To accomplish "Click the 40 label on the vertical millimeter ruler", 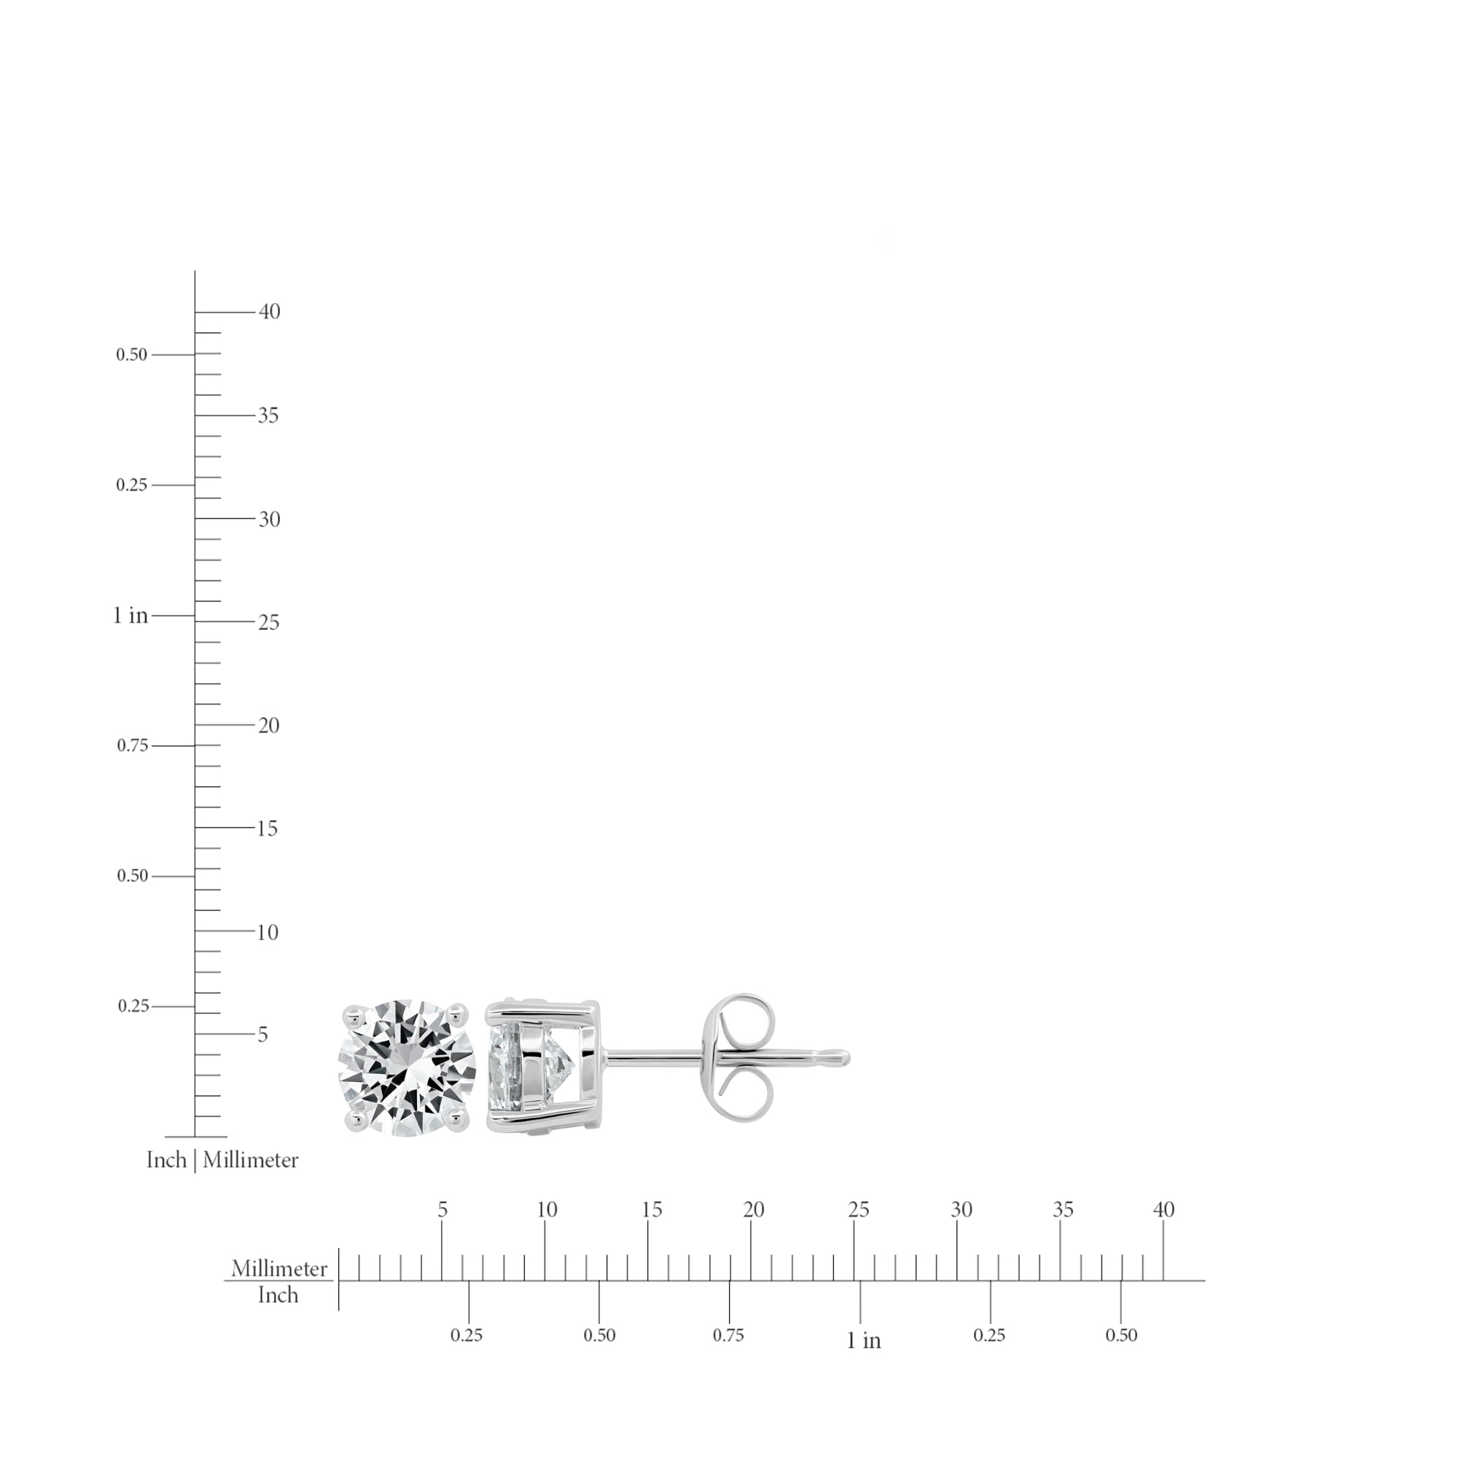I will point(270,312).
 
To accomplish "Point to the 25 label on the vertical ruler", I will point(269,623).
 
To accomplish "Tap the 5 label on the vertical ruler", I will point(262,1034).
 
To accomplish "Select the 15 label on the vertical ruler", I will point(267,829).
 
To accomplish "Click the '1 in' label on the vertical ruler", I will point(130,616).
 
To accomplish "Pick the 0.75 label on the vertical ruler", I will point(133,746).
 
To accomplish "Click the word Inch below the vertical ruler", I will point(166,1160).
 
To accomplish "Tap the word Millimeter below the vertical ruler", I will point(251,1160).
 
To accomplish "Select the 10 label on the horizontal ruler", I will point(547,1210).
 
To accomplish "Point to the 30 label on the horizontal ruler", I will point(962,1210).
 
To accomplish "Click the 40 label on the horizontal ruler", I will point(1163,1210).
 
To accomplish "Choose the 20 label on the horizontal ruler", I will point(754,1210).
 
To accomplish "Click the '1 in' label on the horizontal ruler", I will point(864,1341).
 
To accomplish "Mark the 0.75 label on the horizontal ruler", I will point(728,1336).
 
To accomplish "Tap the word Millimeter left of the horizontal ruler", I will point(279,1269).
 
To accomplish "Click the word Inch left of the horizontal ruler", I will point(278,1295).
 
